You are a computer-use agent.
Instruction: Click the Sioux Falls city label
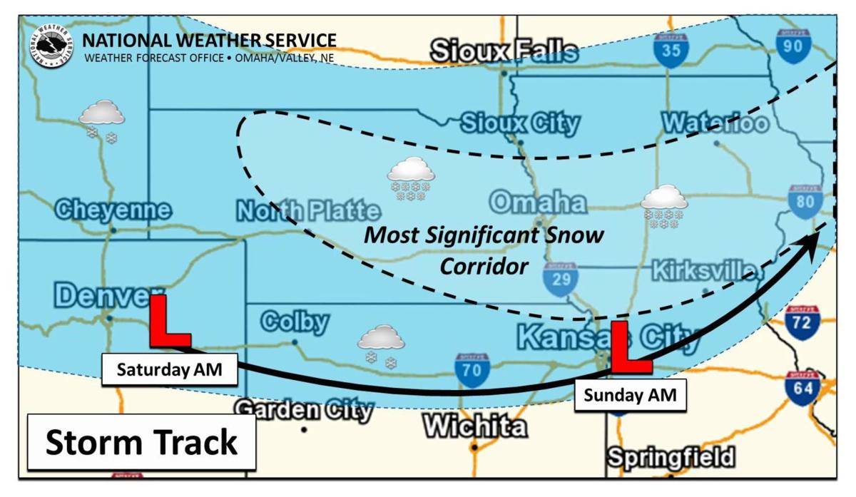tap(504, 51)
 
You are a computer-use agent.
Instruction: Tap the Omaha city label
tap(538, 203)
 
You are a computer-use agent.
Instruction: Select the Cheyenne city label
tap(113, 210)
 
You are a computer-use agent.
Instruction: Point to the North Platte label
tap(307, 211)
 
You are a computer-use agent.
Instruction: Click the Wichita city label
tap(475, 426)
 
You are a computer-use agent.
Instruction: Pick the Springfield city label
tap(671, 456)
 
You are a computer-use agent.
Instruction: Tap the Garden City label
tap(304, 410)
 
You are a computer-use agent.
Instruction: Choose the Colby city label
tap(295, 322)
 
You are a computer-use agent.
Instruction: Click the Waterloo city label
tap(715, 123)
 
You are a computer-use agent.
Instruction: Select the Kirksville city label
tap(703, 271)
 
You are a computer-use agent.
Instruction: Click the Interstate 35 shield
tap(671, 49)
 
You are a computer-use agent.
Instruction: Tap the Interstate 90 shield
tap(794, 47)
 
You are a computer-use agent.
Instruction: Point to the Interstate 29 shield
tap(561, 278)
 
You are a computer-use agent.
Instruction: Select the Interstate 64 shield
tap(802, 388)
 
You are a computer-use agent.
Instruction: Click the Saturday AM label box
tap(169, 370)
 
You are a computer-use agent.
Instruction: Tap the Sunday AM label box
tap(631, 395)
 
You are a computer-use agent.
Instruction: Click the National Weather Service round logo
tap(51, 46)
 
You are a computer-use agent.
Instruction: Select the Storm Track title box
tap(141, 442)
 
